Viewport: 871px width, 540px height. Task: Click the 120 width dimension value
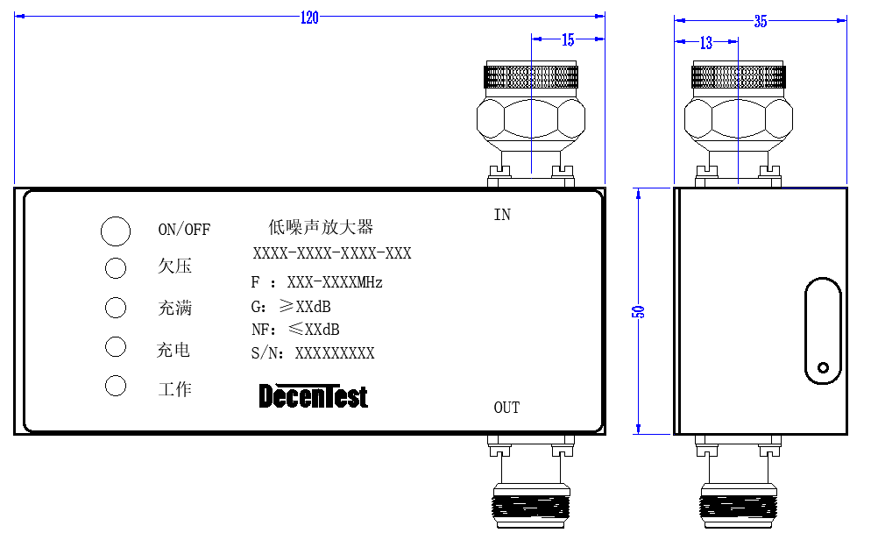tap(309, 18)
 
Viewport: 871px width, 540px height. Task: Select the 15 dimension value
tap(568, 40)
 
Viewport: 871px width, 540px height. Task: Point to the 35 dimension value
tap(761, 21)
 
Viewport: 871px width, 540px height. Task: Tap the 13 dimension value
tap(706, 43)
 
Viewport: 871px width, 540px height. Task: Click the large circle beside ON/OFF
tap(116, 231)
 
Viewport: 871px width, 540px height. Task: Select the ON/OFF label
tap(184, 230)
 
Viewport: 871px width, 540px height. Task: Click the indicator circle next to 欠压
tap(116, 268)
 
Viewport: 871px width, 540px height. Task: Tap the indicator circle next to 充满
tap(116, 307)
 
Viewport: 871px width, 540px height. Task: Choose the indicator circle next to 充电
tap(116, 346)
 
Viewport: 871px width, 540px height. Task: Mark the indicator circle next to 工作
tap(116, 386)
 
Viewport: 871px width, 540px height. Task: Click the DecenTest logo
tap(314, 396)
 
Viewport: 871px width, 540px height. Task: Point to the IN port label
tap(502, 215)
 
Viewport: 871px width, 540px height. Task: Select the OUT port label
tap(506, 408)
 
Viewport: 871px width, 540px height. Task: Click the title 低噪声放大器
tap(321, 227)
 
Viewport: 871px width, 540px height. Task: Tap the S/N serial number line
tap(313, 352)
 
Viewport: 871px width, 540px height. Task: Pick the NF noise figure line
tap(295, 330)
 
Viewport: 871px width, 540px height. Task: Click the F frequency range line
tap(316, 282)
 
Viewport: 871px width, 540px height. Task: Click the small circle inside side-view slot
tap(823, 367)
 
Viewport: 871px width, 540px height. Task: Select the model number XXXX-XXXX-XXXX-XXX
tap(332, 253)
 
